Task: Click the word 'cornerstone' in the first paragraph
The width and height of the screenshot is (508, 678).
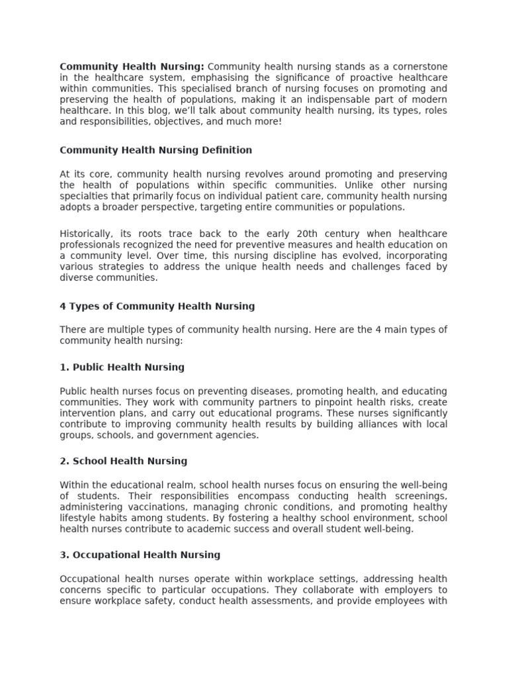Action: click(418, 66)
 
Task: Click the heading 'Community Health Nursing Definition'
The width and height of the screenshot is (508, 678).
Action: click(156, 150)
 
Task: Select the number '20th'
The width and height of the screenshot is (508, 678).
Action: click(300, 234)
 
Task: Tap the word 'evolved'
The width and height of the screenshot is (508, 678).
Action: click(330, 256)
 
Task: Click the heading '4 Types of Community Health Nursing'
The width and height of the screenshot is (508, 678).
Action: click(157, 307)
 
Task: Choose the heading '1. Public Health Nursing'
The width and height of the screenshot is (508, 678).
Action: click(122, 367)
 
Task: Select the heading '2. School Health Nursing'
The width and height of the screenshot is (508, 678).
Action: click(124, 461)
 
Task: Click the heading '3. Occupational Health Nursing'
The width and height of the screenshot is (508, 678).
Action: click(140, 555)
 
